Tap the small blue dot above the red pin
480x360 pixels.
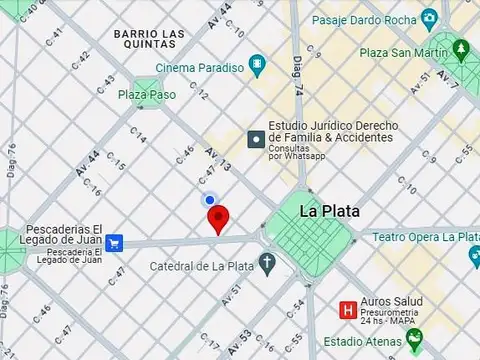coord(210,200)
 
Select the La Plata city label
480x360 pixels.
coord(330,211)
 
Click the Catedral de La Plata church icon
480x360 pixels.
coord(267,265)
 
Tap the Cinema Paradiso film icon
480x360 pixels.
coord(259,68)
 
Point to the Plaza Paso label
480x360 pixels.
coord(146,95)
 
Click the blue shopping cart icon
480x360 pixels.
coord(115,242)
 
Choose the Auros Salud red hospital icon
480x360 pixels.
coord(348,309)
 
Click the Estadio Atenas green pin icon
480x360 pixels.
coord(414,337)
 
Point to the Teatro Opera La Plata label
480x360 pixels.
coord(425,237)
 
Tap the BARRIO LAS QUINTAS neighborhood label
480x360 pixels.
coord(149,39)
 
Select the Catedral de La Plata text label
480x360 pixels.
coord(200,266)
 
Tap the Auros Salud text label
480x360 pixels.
coord(394,301)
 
